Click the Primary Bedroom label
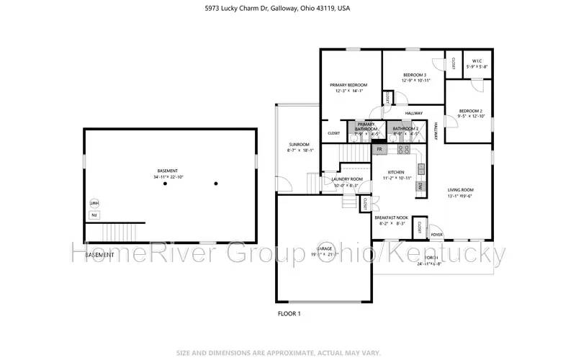tap(348, 84)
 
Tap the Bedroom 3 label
tap(415, 75)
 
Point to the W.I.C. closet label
tap(477, 60)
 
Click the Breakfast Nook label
tap(391, 217)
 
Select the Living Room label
tap(464, 190)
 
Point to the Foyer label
tap(436, 235)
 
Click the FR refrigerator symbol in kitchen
tap(379, 149)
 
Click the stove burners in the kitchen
tap(403, 150)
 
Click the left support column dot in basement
tap(165, 184)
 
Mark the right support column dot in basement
tap(215, 184)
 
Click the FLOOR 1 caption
tap(289, 314)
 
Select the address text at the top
tap(288, 9)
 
